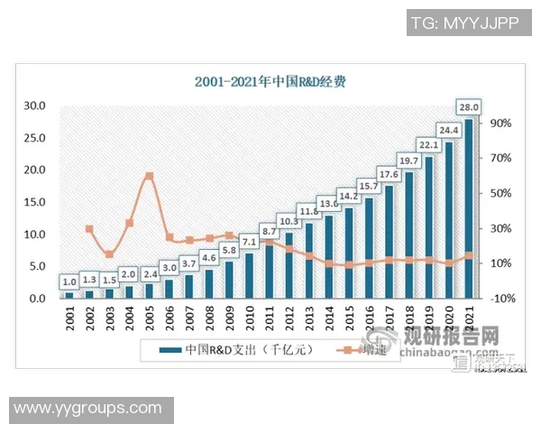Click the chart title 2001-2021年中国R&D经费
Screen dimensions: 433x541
coord(270,81)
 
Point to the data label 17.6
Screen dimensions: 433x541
coord(390,175)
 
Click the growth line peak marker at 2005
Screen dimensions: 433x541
coord(149,176)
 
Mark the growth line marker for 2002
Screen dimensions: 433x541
coord(89,228)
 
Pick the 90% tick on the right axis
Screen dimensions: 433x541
coord(501,123)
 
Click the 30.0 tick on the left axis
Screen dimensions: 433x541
coord(34,106)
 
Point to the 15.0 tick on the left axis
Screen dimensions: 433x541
coord(34,202)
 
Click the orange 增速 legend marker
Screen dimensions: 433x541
coord(344,350)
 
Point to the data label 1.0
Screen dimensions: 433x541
coord(69,281)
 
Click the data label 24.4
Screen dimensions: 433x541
coord(449,128)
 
